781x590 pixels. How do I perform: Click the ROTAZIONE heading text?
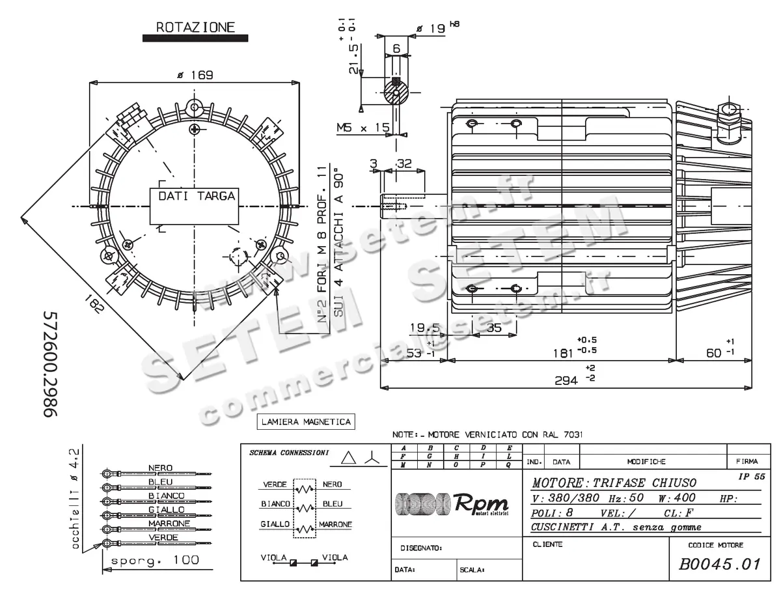(195, 27)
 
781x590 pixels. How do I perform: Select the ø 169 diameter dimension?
(195, 75)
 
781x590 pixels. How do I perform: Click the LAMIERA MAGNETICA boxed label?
(306, 422)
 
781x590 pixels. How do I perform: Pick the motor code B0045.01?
(720, 564)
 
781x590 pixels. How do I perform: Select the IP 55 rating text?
(752, 477)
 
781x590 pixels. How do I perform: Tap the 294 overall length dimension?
(566, 380)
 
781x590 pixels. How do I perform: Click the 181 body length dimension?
(559, 352)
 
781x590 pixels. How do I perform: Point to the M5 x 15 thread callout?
(363, 127)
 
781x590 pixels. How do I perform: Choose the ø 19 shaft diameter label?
(430, 28)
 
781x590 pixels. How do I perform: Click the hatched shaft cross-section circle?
(396, 91)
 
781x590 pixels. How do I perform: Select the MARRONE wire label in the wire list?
(169, 524)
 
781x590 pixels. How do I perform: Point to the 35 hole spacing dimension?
(494, 328)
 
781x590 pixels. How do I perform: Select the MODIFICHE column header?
(646, 462)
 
